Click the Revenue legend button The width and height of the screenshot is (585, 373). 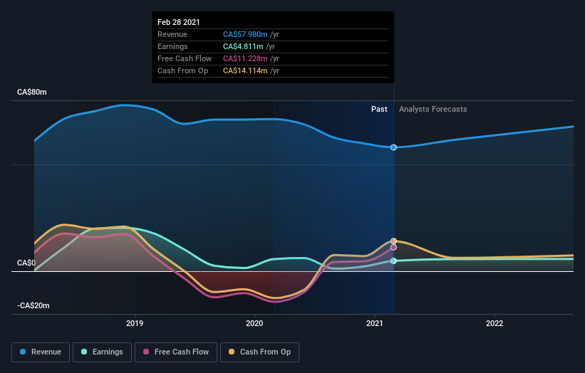[x=41, y=352]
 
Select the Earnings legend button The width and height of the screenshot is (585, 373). [x=102, y=352]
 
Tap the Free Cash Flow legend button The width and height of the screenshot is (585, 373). [x=176, y=352]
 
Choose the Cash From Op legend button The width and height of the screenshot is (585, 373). [x=260, y=352]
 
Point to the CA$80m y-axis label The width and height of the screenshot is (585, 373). [x=32, y=93]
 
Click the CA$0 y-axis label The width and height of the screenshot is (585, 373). [x=27, y=263]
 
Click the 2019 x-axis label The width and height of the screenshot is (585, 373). [x=135, y=323]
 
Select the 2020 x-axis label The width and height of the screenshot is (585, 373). [x=254, y=323]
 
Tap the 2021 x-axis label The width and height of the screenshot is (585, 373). [x=375, y=323]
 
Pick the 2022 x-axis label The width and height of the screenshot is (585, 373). [x=495, y=323]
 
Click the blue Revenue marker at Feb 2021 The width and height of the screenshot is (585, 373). [x=393, y=147]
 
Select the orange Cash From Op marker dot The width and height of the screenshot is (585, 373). [x=393, y=241]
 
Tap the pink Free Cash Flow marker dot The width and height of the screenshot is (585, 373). [x=393, y=248]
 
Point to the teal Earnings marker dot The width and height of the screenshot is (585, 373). [x=393, y=261]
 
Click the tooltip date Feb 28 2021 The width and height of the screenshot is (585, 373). [x=179, y=23]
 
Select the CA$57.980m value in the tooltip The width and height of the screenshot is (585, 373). [x=245, y=34]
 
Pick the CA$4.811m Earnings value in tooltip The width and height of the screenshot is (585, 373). [x=243, y=46]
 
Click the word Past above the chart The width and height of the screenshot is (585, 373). [x=379, y=109]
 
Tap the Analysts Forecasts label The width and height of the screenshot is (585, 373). [x=433, y=109]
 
